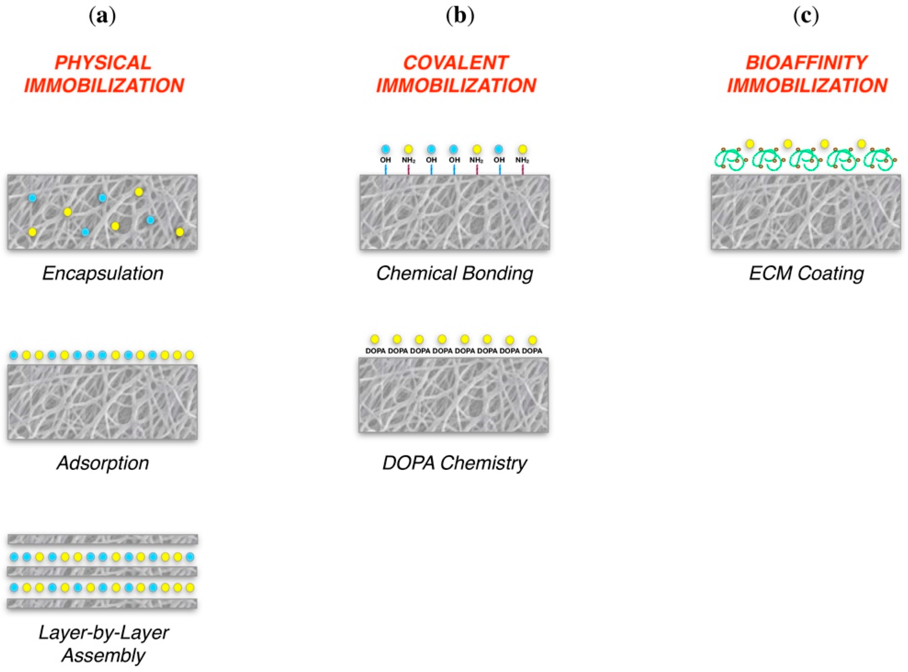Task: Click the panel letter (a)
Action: (102, 16)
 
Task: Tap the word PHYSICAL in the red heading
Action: (103, 63)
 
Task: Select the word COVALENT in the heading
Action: (455, 63)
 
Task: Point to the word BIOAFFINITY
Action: (806, 63)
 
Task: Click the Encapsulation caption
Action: (103, 273)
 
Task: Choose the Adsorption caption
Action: (103, 462)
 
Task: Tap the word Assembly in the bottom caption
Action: (104, 655)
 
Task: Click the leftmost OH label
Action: (385, 160)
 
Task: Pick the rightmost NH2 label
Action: (522, 160)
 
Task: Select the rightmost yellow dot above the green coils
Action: (861, 144)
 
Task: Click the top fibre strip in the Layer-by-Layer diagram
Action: (103, 539)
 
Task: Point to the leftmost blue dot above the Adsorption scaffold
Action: (13, 355)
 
